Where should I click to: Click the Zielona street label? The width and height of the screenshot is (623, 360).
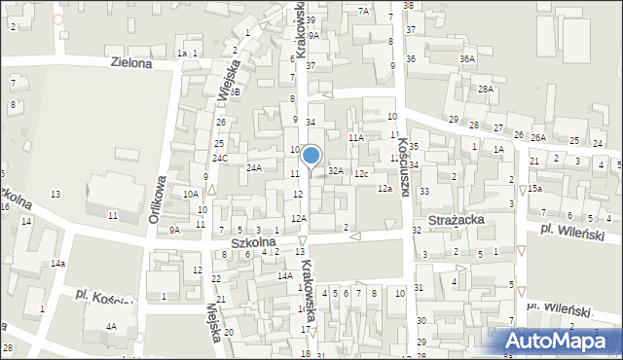pos(131,63)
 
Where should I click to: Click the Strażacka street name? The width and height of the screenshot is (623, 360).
pos(477,221)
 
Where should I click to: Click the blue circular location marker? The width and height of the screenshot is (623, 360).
pos(311,154)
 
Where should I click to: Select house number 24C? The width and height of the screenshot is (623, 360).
pos(221,158)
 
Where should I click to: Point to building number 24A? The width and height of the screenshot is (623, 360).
pos(253,168)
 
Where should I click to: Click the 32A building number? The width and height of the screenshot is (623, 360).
pos(336,170)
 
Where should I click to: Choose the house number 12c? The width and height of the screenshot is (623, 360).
pos(361,173)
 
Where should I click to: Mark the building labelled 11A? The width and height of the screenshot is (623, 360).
pos(355,138)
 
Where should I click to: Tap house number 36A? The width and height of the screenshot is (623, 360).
pos(467,59)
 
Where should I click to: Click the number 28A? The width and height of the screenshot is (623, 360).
pos(485,89)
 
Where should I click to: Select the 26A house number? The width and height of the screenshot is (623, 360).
pos(538,137)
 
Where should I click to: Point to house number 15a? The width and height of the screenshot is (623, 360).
pos(534,189)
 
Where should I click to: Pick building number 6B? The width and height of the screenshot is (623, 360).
pos(236,90)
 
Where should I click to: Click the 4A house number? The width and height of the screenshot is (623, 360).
pos(112,327)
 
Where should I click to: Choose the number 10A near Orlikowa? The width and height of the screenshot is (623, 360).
pos(191,194)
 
